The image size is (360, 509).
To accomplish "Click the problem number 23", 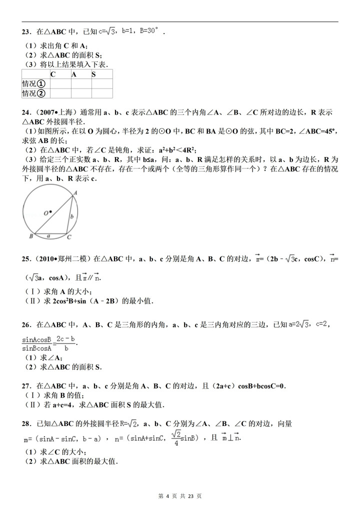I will click(x=26, y=31).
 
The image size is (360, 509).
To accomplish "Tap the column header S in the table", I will click(x=93, y=74).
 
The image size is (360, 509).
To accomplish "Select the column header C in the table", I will click(x=53, y=74).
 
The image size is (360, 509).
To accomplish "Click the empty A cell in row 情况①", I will click(x=81, y=84).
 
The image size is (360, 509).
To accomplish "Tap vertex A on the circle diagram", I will click(x=75, y=192).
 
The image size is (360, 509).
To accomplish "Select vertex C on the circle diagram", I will click(x=69, y=237).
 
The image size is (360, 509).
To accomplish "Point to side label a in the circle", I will click(x=48, y=233).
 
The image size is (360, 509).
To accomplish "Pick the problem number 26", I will click(x=26, y=324).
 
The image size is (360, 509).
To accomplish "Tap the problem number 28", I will click(x=26, y=423).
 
